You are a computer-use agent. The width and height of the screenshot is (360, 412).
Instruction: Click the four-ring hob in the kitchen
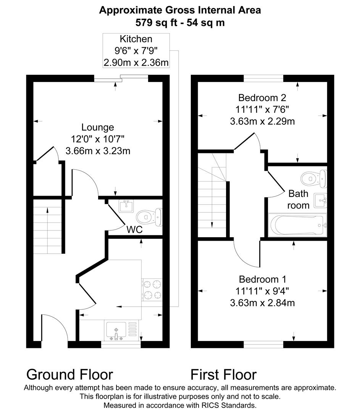(152, 290)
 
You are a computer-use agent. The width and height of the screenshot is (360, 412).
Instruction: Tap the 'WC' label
(134, 230)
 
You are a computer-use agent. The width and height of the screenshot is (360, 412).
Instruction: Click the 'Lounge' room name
(98, 127)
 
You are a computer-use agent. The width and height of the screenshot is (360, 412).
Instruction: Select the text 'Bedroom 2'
(262, 98)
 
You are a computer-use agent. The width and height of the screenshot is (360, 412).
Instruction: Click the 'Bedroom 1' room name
(262, 279)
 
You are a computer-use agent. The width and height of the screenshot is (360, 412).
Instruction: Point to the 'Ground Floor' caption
(69, 374)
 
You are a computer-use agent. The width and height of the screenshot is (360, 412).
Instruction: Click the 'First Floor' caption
(223, 374)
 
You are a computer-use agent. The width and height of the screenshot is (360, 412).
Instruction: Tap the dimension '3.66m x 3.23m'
(98, 151)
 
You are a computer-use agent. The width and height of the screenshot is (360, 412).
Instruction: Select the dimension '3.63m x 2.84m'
(262, 303)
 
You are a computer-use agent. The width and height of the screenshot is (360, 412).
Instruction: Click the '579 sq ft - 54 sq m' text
(180, 23)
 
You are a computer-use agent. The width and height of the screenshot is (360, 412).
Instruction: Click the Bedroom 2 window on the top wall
(263, 78)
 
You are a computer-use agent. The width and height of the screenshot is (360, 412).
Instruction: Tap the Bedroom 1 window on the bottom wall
(263, 344)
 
